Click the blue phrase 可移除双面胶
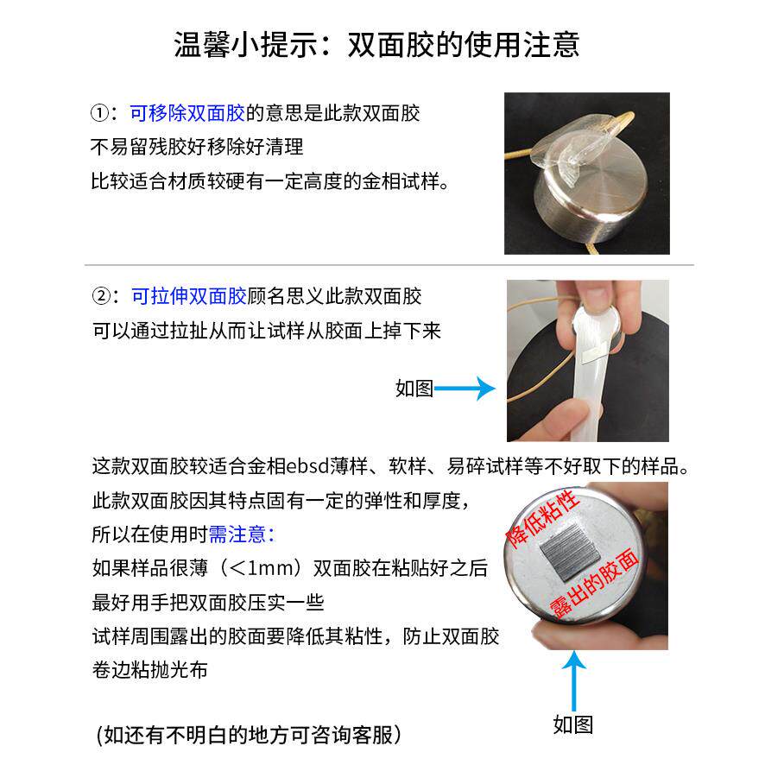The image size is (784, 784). pos(187,113)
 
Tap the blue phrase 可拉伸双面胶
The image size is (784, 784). pos(188,297)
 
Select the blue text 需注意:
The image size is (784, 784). pos(241,534)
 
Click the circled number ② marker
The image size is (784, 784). pos(101,297)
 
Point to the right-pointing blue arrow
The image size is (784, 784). pos(465,389)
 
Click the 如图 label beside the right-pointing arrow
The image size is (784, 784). pos(414,389)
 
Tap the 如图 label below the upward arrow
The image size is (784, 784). pos(573,724)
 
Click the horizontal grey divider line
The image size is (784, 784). pos(389,264)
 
